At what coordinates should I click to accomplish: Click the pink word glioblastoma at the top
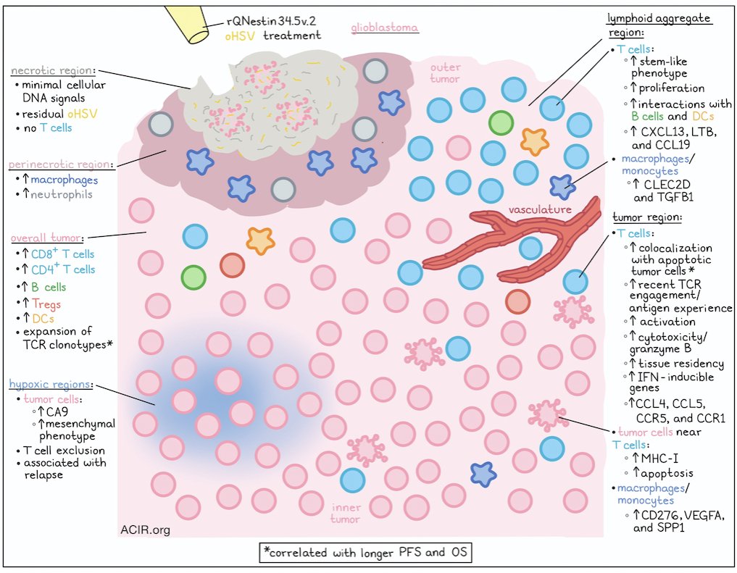tap(384, 28)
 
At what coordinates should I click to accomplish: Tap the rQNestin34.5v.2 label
tap(271, 21)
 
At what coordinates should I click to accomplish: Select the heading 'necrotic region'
tap(53, 71)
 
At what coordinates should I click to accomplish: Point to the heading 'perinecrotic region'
tap(61, 164)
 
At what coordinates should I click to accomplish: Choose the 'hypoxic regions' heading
tap(50, 384)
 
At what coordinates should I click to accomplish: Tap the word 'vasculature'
tap(540, 209)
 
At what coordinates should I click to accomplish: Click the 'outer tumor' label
tap(445, 72)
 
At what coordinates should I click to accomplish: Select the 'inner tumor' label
tap(346, 513)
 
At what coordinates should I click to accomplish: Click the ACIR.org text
tap(145, 530)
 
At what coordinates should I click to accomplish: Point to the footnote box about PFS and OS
tap(365, 552)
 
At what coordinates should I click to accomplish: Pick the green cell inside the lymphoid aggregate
tap(501, 123)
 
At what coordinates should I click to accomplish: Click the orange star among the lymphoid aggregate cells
tap(534, 141)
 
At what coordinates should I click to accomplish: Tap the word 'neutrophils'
tap(62, 194)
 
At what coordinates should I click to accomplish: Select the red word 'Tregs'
tap(46, 304)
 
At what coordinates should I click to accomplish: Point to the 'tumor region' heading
tap(646, 218)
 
